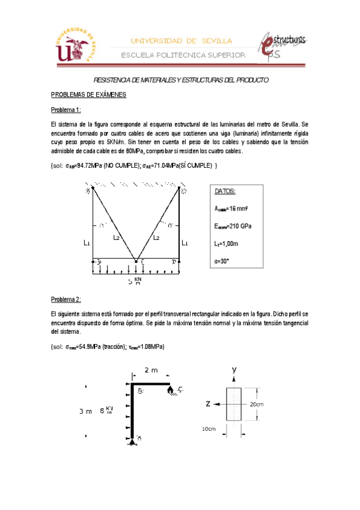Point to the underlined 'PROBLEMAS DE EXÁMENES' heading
[x=88, y=95]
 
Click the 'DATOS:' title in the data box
[x=225, y=191]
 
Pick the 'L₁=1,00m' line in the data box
[x=227, y=244]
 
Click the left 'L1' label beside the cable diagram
[x=87, y=243]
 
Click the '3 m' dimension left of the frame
[x=85, y=412]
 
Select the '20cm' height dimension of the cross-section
[x=257, y=404]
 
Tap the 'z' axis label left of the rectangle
[x=207, y=404]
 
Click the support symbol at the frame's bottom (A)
[x=132, y=442]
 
